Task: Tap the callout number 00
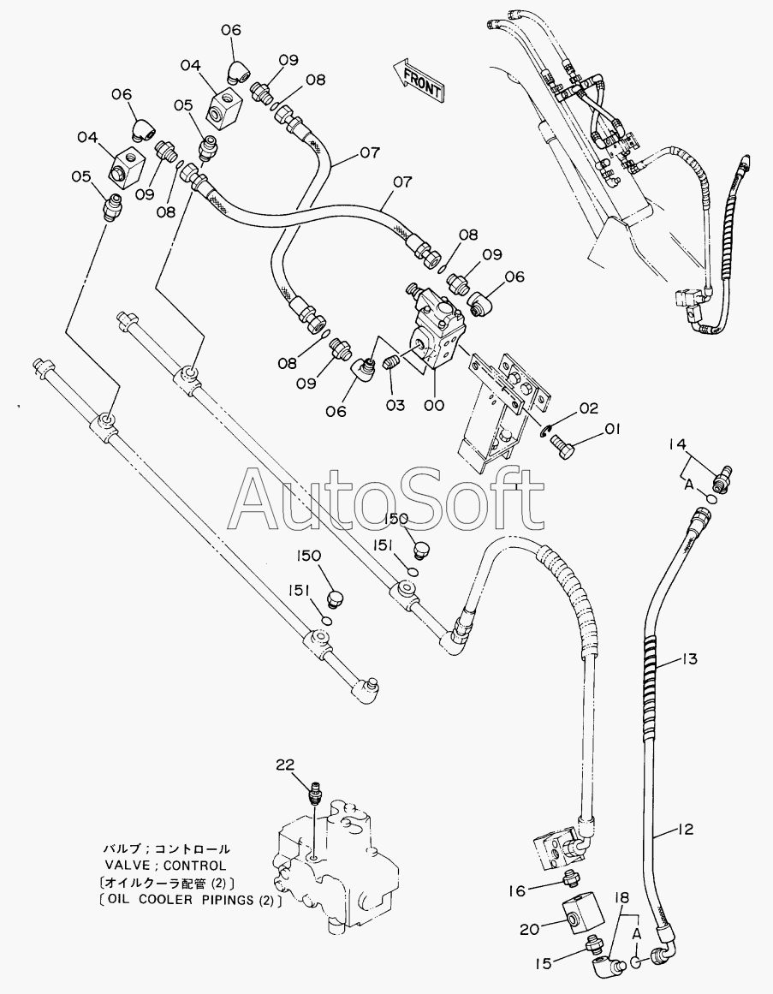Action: click(434, 405)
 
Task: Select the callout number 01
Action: click(613, 430)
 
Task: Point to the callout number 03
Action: click(395, 405)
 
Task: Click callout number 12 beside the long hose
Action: click(685, 829)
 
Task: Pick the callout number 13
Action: click(689, 659)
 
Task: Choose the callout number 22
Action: click(285, 765)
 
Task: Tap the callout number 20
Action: click(530, 930)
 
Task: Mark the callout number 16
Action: click(517, 890)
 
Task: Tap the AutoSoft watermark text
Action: click(387, 499)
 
